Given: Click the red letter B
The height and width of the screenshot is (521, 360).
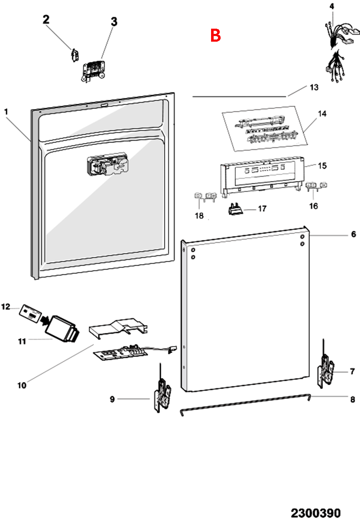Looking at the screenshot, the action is (215, 35).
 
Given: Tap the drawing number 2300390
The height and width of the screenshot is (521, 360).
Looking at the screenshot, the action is (316, 513).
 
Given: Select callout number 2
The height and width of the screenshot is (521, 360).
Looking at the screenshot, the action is (46, 20).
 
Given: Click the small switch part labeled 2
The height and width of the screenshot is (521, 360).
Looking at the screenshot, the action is (75, 55).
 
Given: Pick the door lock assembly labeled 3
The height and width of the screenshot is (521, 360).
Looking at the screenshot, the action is (93, 71).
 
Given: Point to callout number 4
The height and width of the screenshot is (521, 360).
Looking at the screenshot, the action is (332, 6).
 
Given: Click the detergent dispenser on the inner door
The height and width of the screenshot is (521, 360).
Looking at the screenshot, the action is (108, 164).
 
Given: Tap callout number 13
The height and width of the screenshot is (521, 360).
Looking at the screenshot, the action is (314, 87).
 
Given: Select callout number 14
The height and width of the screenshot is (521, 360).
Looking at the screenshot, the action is (322, 114).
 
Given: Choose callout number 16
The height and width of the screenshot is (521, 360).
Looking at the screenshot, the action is (314, 206).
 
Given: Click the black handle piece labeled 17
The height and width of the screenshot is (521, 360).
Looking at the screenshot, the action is (235, 209).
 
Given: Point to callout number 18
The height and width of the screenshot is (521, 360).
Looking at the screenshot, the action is (199, 216).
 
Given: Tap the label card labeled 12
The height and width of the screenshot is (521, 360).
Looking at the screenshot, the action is (30, 314).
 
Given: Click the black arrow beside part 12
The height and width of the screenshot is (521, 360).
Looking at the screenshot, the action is (44, 321).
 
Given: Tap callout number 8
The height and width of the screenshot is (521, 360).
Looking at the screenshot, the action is (353, 399).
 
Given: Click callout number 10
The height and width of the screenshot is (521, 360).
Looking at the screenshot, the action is (22, 386).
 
